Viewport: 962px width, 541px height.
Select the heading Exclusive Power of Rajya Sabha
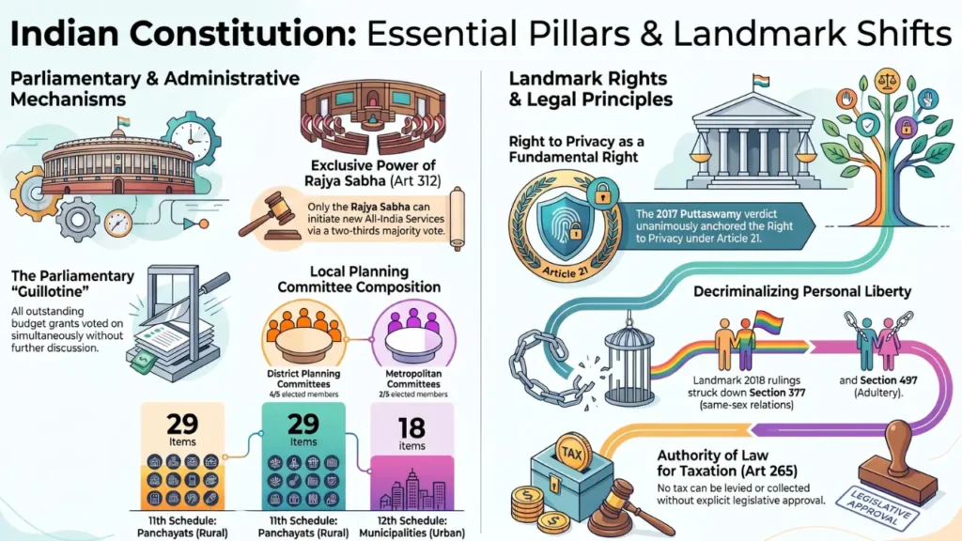[x=373, y=173]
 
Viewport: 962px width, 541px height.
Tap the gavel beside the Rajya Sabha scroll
[x=271, y=215]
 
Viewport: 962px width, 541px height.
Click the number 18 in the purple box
[x=411, y=428]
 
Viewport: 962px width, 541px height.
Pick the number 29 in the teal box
[x=303, y=424]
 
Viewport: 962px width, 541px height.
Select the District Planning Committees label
[x=303, y=379]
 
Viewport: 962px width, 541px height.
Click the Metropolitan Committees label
[x=413, y=379]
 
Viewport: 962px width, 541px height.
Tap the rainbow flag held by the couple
[x=768, y=321]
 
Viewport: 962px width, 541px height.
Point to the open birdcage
[x=628, y=366]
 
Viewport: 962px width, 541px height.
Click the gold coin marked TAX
[x=572, y=454]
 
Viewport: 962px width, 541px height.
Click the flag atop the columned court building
[x=761, y=81]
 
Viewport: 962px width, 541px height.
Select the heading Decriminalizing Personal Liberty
[x=802, y=291]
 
